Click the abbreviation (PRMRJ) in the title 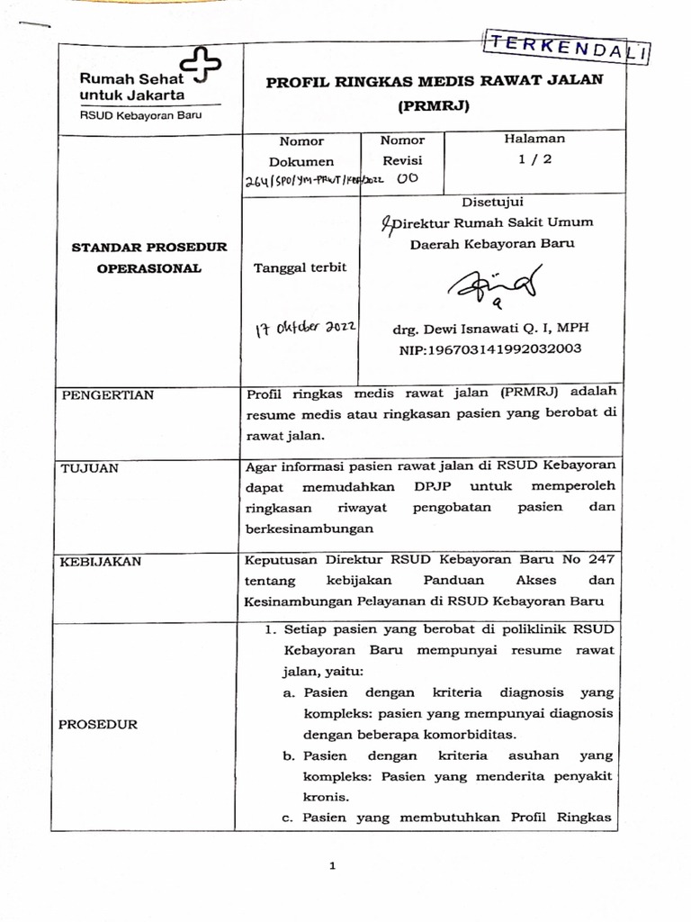[434, 104]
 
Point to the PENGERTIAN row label [107, 394]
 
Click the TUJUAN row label [90, 468]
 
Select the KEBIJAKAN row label [100, 562]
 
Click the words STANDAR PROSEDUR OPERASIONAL [149, 258]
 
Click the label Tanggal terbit [300, 267]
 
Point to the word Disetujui [492, 202]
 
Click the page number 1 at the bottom [332, 866]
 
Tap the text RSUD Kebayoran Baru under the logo [140, 115]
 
